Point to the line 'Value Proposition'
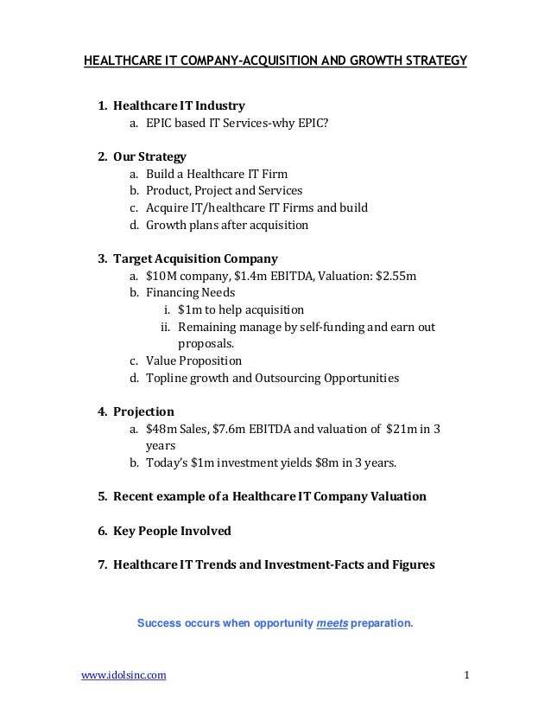pos(193,361)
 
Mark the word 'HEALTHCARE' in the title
pos(120,61)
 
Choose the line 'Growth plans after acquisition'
pos(226,226)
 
